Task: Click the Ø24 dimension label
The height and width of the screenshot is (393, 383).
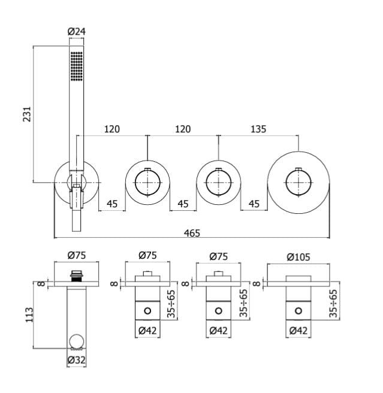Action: pos(77,32)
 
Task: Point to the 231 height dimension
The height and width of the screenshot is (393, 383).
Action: pos(27,114)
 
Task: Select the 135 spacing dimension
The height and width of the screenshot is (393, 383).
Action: pos(258,129)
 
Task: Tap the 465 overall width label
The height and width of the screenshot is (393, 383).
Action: pos(192,233)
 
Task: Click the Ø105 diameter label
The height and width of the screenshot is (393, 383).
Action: pos(298,257)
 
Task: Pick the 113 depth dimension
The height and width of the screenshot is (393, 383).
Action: pos(29,315)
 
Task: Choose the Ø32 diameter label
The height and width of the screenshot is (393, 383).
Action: pos(77,360)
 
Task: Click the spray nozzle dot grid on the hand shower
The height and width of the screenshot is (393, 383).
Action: pos(77,66)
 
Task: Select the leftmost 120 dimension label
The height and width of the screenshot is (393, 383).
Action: pos(112,129)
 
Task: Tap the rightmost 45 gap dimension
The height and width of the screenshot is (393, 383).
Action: pos(254,204)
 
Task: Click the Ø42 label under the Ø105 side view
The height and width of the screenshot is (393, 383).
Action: pos(298,331)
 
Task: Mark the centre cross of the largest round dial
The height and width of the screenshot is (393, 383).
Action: pos(298,183)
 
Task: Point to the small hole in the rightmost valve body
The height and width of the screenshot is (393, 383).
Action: pos(298,311)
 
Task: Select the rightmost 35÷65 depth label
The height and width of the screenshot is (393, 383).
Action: pos(333,303)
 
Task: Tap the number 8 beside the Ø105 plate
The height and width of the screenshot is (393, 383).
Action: pos(257,284)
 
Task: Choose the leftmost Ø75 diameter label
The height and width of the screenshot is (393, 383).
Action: pos(77,255)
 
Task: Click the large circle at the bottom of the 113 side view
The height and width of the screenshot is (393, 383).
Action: pos(77,341)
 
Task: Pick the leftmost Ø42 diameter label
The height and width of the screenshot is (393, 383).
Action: pos(147,331)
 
